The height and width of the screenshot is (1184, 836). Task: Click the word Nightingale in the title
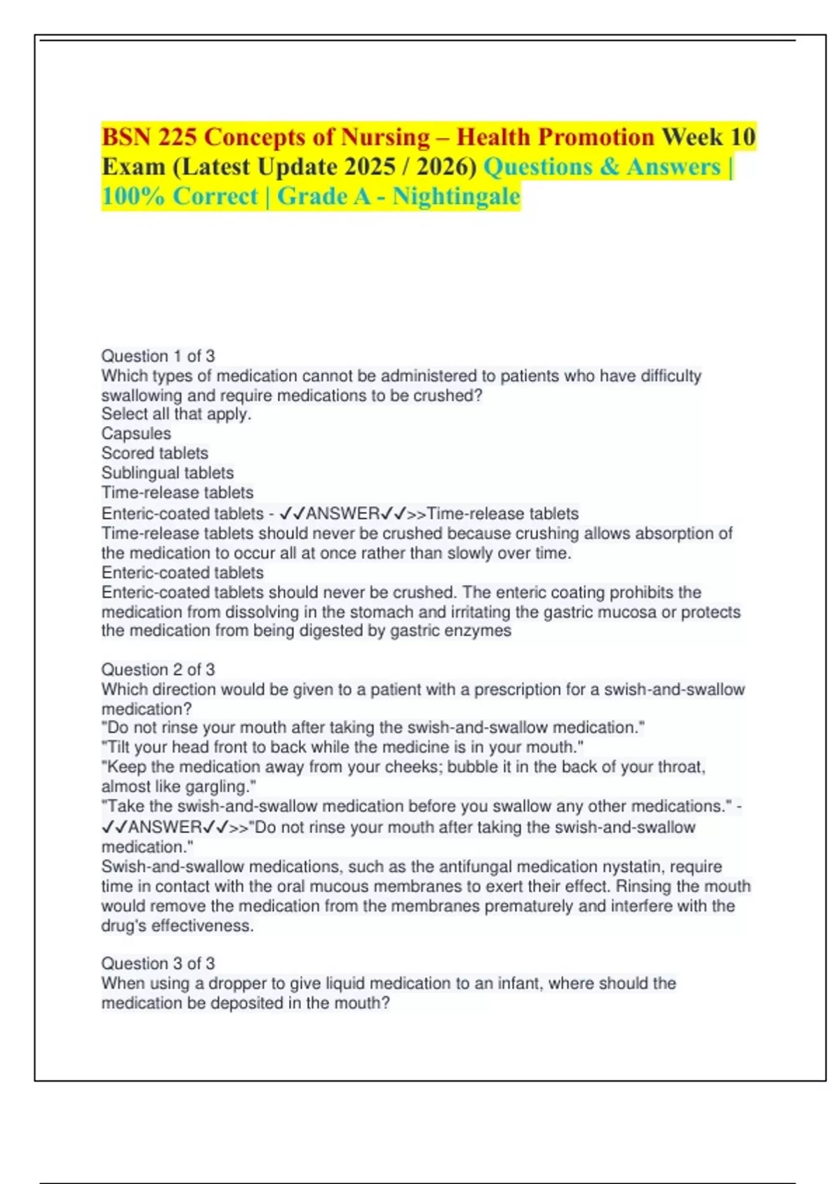pyautogui.click(x=456, y=196)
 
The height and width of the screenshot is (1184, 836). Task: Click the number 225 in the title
pyautogui.click(x=177, y=137)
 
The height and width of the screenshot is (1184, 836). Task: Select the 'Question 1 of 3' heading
pyautogui.click(x=158, y=356)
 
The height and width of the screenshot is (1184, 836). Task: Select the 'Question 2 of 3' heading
pyautogui.click(x=158, y=669)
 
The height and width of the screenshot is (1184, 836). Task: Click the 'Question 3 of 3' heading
pyautogui.click(x=158, y=963)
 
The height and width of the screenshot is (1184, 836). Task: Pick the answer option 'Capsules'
pyautogui.click(x=136, y=433)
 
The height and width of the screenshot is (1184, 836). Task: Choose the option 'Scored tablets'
pyautogui.click(x=155, y=453)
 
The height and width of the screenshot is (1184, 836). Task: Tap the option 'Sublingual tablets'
pyautogui.click(x=167, y=473)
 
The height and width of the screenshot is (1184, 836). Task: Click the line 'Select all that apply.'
pyautogui.click(x=176, y=414)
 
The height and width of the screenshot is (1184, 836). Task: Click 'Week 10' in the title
pyautogui.click(x=708, y=137)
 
